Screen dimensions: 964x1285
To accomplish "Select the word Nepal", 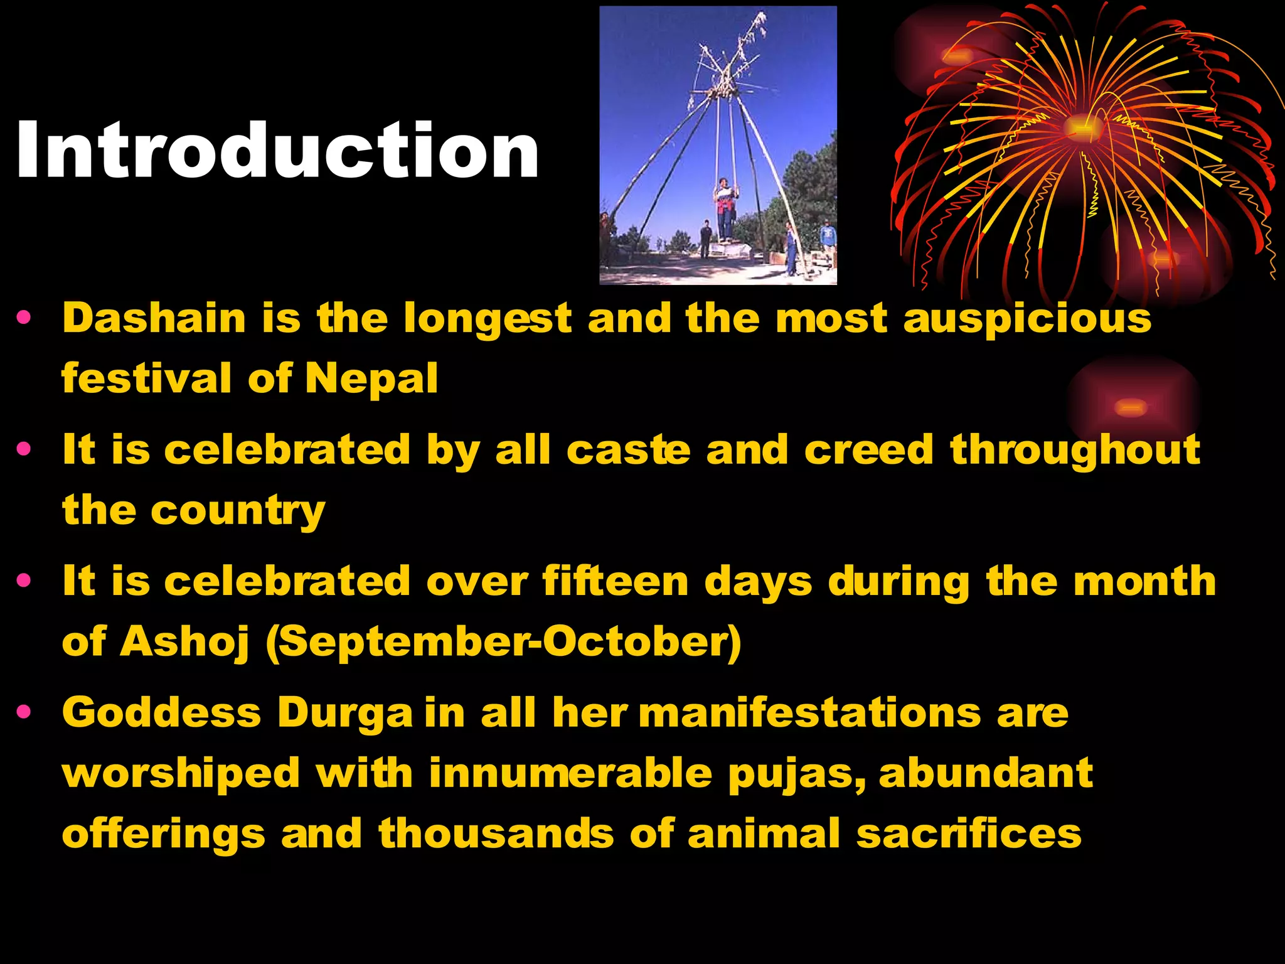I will pos(371,378).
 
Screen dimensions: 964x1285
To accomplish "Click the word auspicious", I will pos(1027,319).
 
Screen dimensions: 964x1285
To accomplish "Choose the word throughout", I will pos(1075,451).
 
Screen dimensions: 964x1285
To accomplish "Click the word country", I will pos(238,511).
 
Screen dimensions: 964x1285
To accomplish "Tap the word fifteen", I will pos(616,581).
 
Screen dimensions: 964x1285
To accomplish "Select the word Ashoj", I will pos(184,642).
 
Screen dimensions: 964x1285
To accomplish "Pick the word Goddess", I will pos(161,713).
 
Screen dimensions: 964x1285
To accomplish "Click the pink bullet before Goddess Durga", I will pos(24,712).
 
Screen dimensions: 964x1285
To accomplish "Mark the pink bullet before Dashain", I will pos(24,317).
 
